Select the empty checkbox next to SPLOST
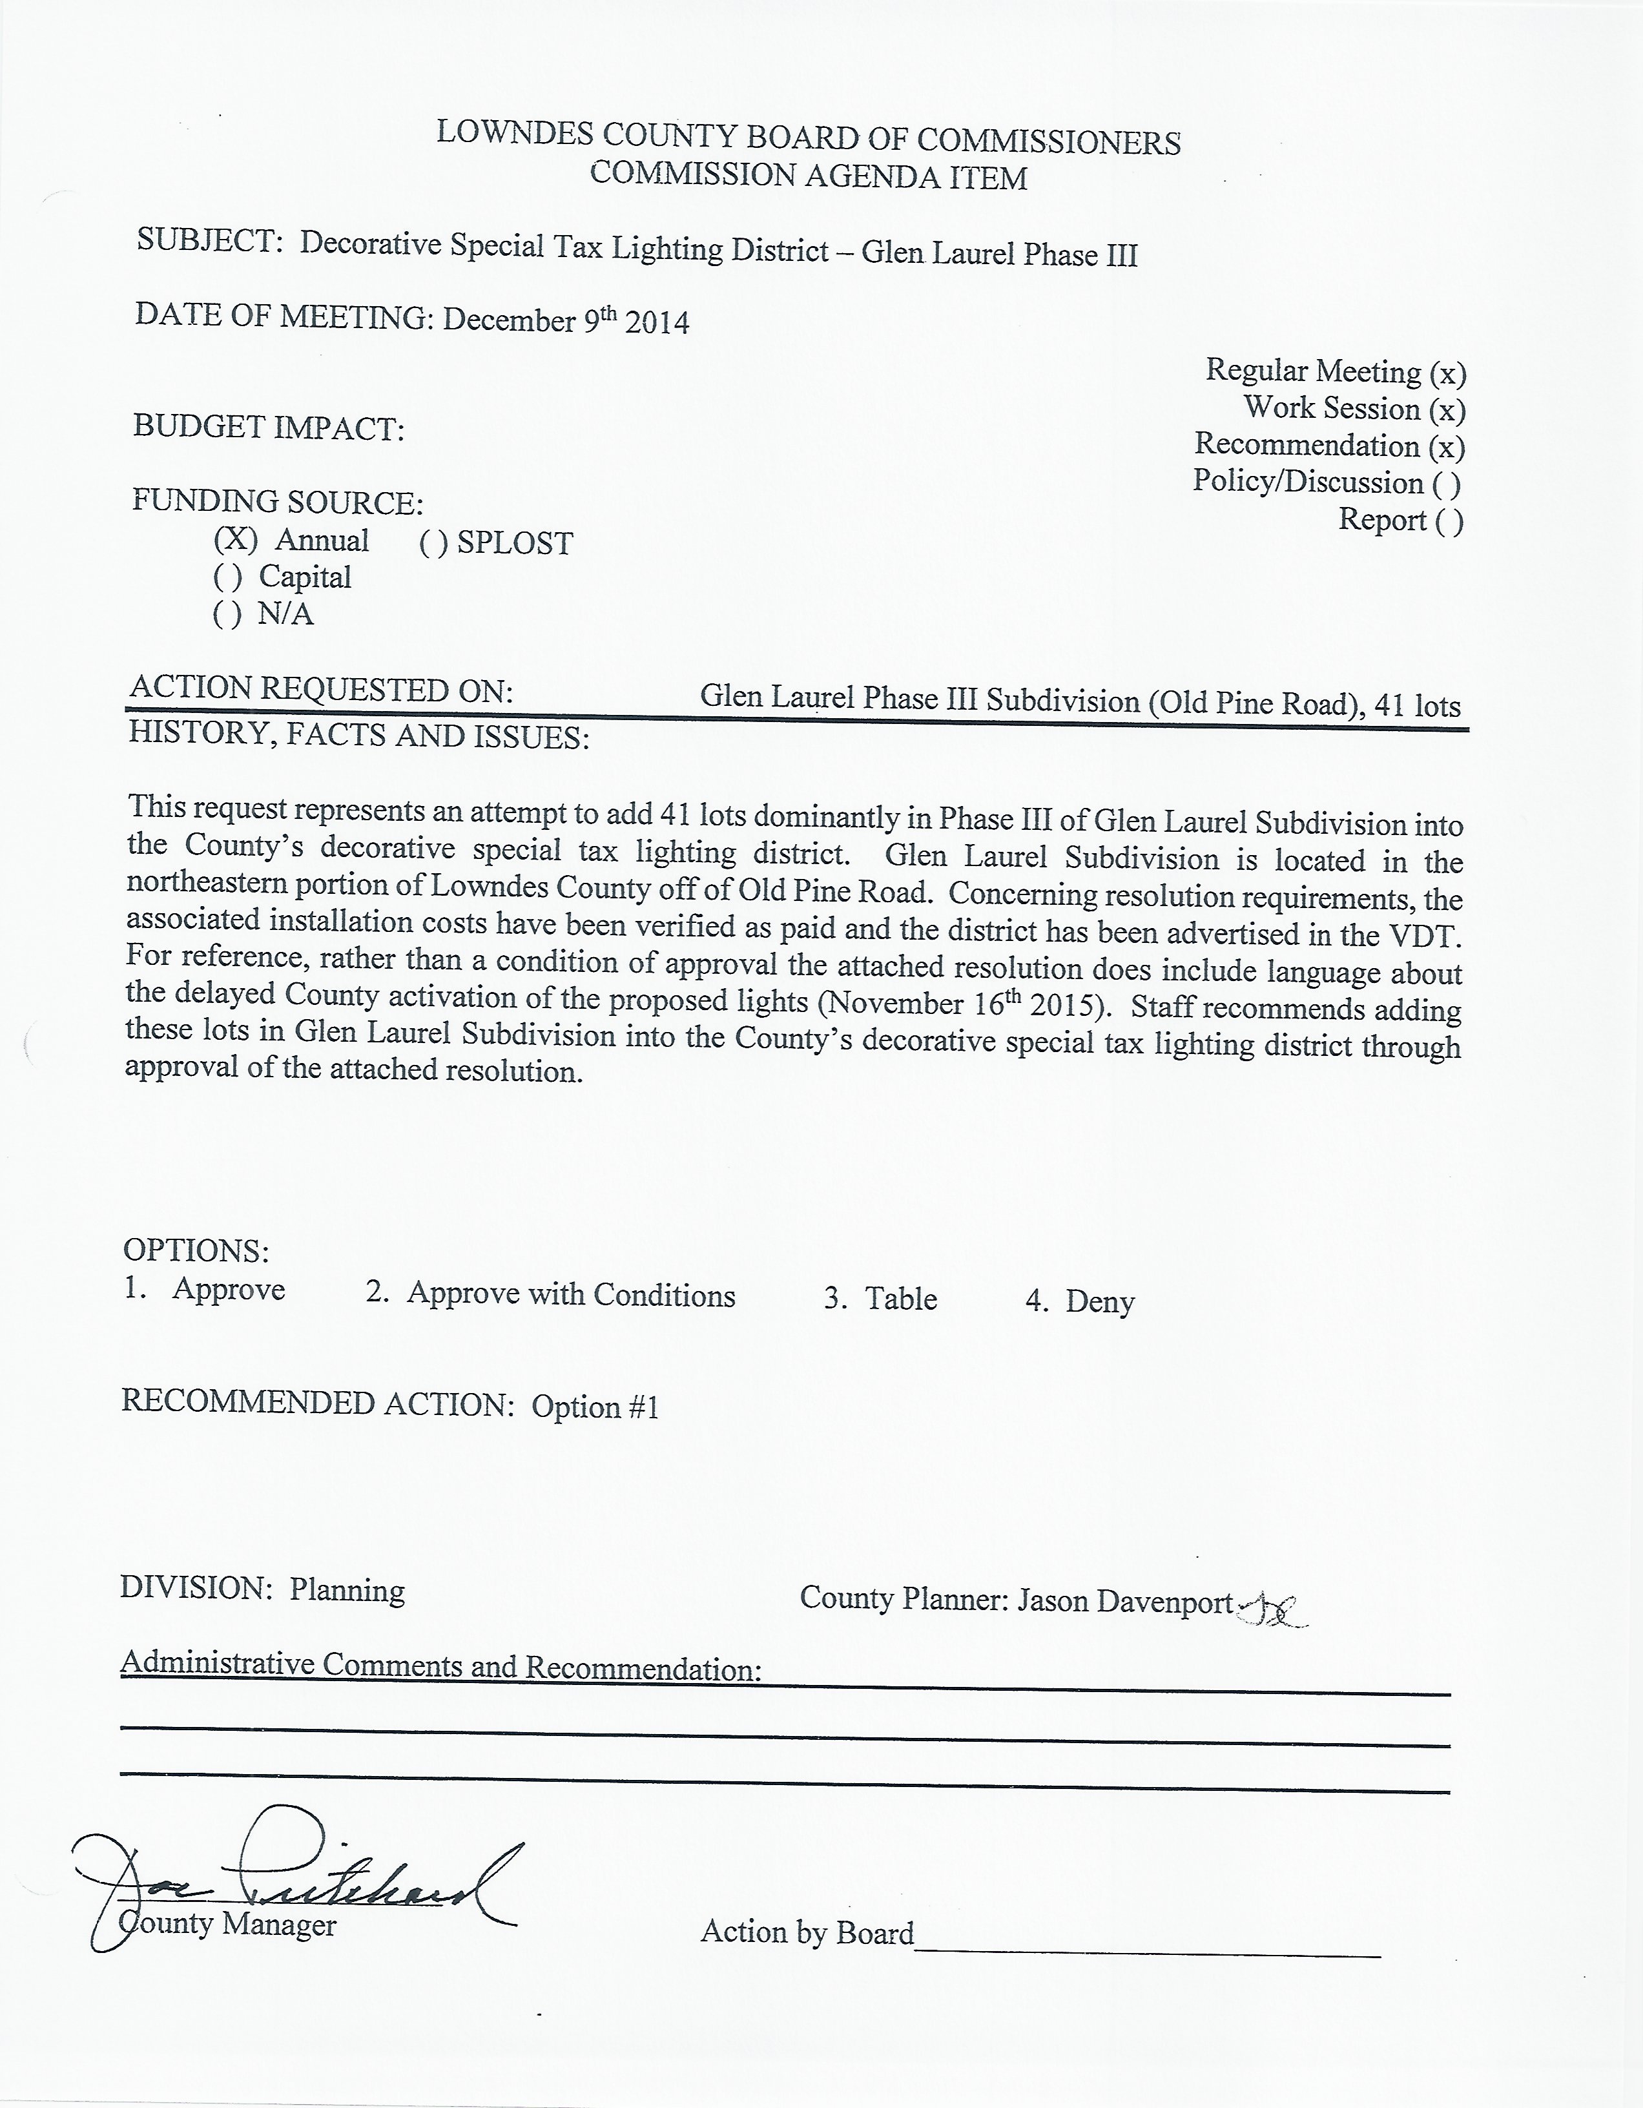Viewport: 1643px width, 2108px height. (x=433, y=543)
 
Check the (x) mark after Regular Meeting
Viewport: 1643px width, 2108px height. (x=1448, y=373)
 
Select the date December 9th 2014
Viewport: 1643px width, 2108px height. (x=566, y=320)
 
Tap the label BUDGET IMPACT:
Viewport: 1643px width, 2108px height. (x=269, y=428)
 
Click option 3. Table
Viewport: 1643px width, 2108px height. (x=880, y=1298)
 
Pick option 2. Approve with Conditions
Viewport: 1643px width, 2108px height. (x=550, y=1294)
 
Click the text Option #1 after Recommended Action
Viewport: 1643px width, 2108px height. (x=595, y=1406)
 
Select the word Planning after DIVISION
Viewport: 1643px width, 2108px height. (x=347, y=1589)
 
